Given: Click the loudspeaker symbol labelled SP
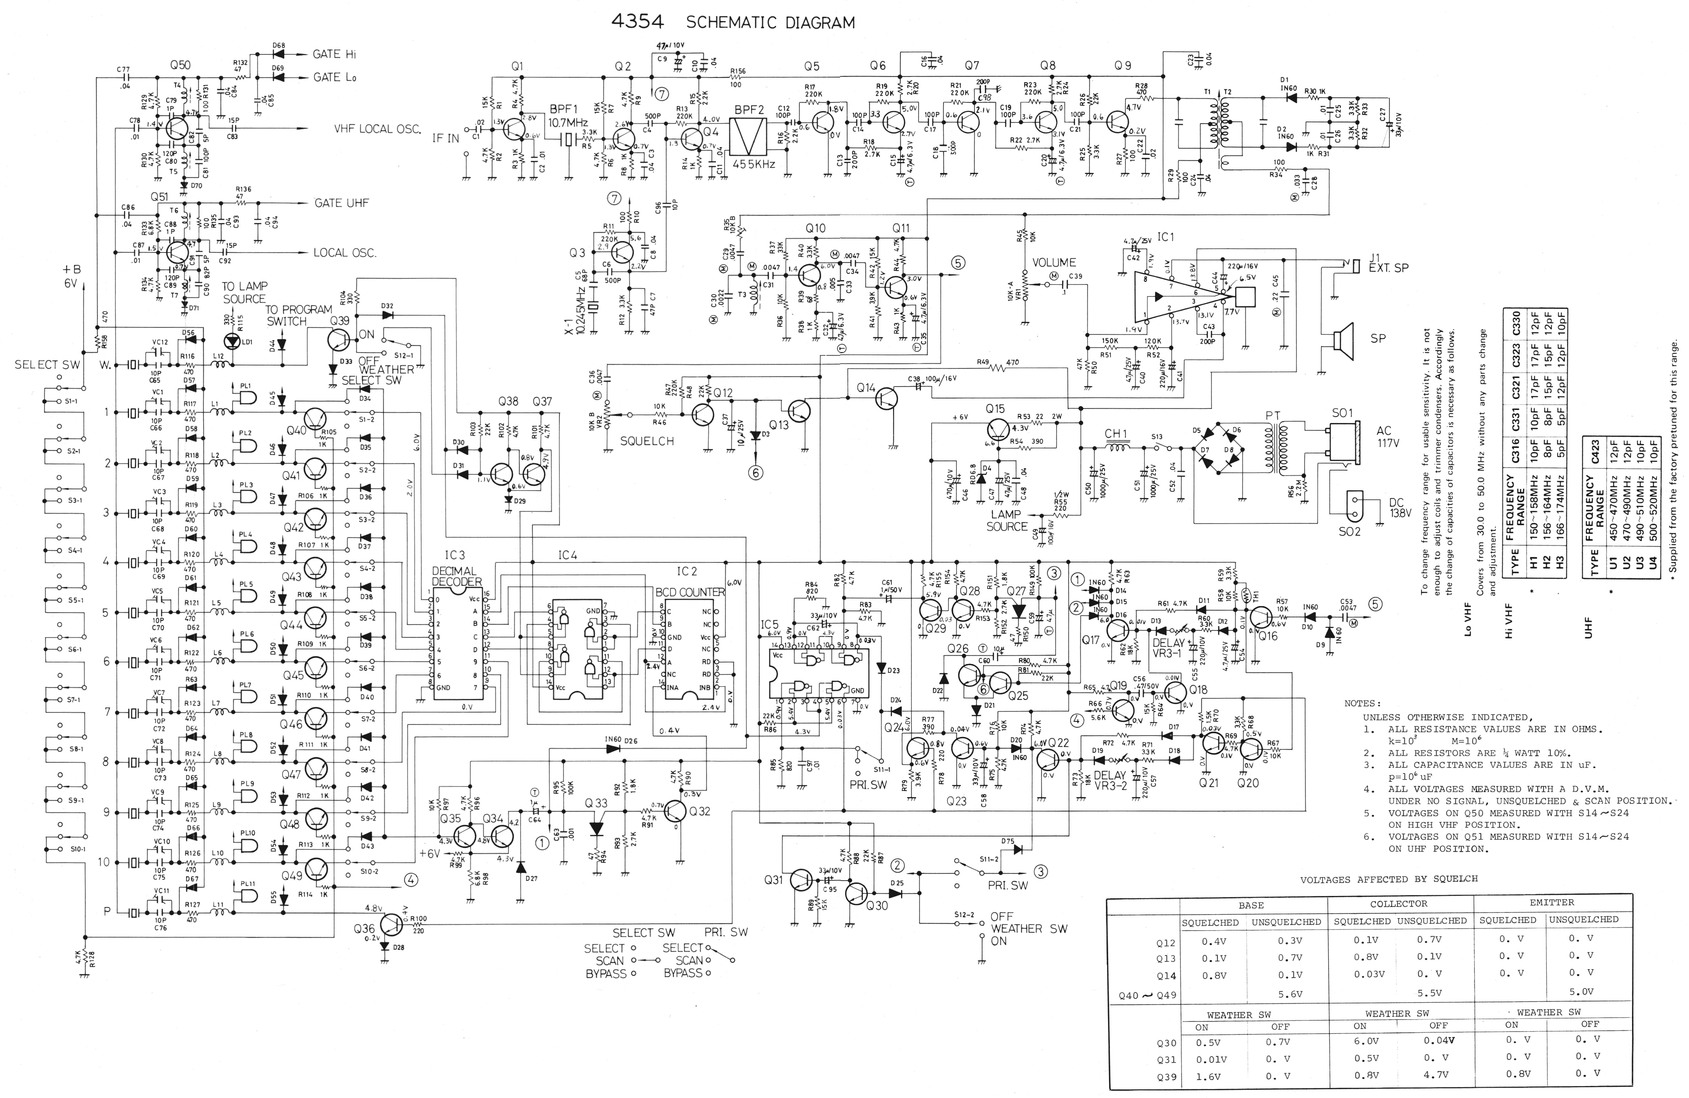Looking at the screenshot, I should [1341, 341].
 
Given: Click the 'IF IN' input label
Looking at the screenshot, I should [446, 138].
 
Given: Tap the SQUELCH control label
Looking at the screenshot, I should [647, 441].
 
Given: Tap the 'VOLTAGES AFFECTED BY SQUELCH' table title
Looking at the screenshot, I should [1389, 879].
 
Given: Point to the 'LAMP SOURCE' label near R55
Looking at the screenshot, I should [1006, 520].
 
